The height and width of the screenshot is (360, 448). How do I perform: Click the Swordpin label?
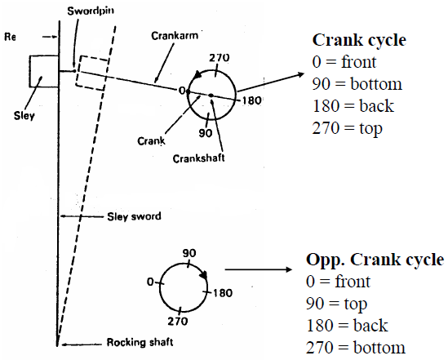click(91, 11)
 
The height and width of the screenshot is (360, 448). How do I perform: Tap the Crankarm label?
click(175, 36)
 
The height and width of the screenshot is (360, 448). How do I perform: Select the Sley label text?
click(24, 116)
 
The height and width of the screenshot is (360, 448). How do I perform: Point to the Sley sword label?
click(134, 216)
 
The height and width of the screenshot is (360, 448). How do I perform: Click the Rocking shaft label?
click(140, 342)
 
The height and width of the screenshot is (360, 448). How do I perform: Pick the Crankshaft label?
click(198, 158)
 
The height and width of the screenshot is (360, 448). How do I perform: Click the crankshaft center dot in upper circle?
click(211, 96)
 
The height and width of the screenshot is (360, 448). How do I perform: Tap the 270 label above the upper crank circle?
click(220, 58)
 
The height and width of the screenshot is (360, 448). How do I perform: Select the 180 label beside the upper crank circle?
click(251, 100)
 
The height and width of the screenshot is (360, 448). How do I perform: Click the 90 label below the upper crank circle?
click(206, 133)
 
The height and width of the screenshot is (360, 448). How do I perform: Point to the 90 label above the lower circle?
click(189, 253)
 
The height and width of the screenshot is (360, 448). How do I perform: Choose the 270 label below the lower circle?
click(178, 321)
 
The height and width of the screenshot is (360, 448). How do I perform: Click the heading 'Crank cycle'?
click(359, 40)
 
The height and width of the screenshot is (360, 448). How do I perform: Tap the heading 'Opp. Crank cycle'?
click(375, 260)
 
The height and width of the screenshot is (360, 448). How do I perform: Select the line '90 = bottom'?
click(357, 84)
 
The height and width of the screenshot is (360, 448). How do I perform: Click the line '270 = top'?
click(347, 128)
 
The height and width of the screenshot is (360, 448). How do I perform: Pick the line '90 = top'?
click(336, 304)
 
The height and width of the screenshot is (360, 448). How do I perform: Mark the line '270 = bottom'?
click(356, 348)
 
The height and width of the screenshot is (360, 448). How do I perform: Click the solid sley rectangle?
click(44, 72)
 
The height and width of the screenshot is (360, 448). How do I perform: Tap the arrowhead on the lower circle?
click(203, 275)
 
